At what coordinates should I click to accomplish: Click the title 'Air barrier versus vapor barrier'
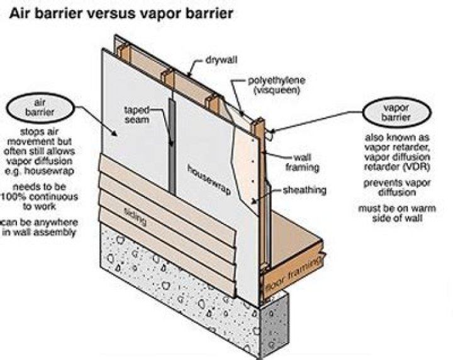tap(119, 14)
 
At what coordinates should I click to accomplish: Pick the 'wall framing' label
tap(306, 163)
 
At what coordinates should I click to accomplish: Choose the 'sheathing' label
tap(304, 189)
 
